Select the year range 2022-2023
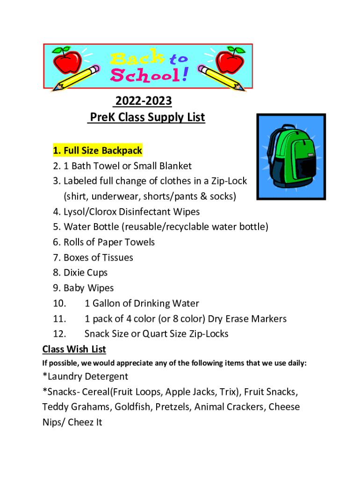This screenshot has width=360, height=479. (x=144, y=101)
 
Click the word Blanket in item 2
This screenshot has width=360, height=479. (x=174, y=166)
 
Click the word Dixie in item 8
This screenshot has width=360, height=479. (x=74, y=273)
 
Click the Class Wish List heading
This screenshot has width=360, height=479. (x=74, y=349)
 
